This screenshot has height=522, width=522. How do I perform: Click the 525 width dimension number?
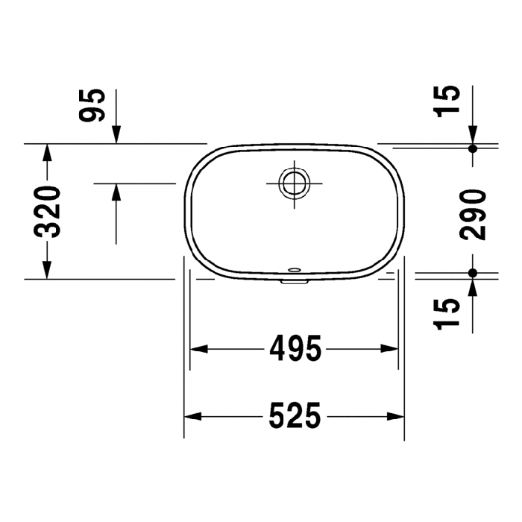click(x=295, y=415)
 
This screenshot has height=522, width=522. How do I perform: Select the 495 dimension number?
click(x=295, y=348)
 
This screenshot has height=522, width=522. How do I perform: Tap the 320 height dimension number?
click(x=47, y=212)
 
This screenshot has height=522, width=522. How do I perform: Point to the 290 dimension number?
click(x=472, y=215)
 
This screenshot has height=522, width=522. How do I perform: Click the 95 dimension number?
click(x=92, y=105)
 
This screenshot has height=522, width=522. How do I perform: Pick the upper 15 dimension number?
click(x=447, y=101)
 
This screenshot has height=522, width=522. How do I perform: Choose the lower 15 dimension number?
click(x=447, y=314)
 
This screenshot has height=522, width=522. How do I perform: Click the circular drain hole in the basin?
click(x=295, y=183)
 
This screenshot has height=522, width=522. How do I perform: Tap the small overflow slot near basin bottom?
click(x=295, y=269)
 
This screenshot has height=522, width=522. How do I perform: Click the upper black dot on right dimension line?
click(x=472, y=148)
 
